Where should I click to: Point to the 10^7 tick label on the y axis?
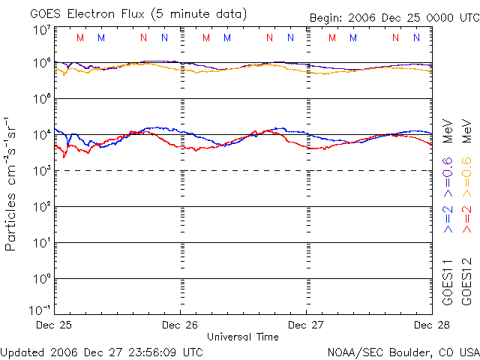pos(41,30)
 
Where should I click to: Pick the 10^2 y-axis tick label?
pos(41,206)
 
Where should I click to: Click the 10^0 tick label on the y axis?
pos(41,278)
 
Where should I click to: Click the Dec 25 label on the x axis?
pos(54,325)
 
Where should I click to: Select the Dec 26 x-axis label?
pos(180,325)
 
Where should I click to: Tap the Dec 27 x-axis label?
pos(306,325)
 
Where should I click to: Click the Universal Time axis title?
pos(243,337)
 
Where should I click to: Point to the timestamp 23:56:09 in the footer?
pos(153,351)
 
